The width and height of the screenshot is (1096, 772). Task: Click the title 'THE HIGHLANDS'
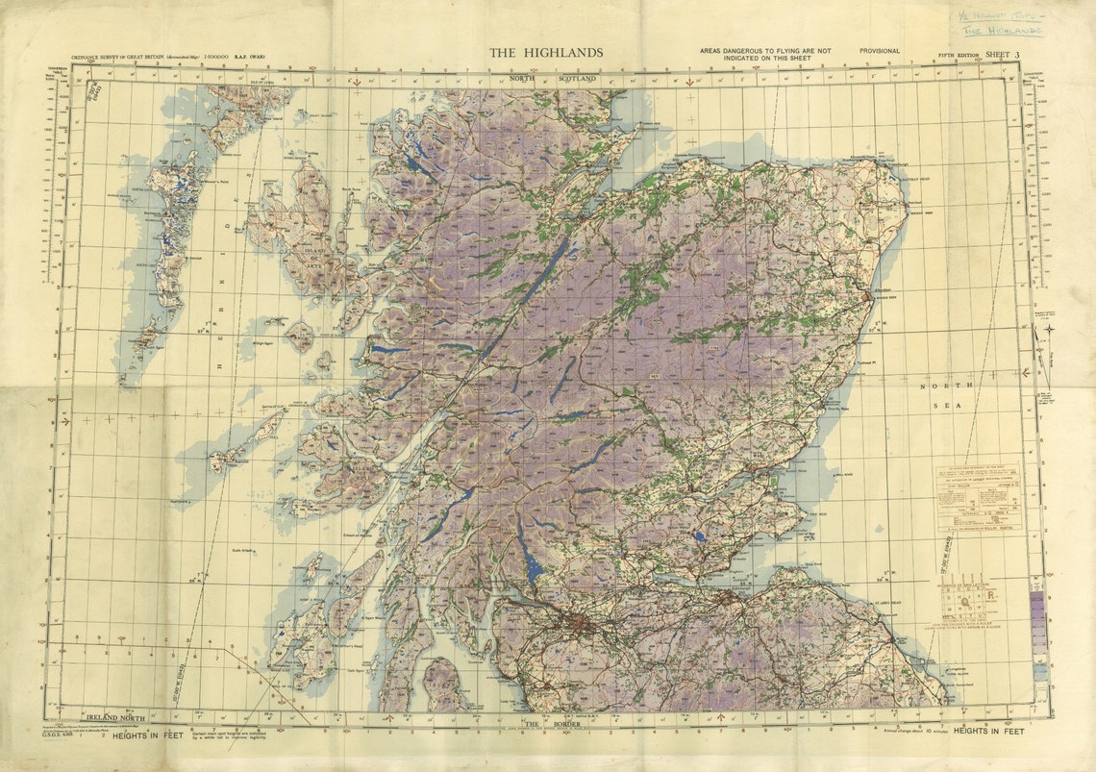[546, 53]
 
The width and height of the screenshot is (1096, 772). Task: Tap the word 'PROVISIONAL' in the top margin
[880, 51]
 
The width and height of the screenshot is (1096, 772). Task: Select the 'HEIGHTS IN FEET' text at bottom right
[987, 732]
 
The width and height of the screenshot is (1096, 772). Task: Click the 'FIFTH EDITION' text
[959, 56]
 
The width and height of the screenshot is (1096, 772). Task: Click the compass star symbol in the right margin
[1049, 329]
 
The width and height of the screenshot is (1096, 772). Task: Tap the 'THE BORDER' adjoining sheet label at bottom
[546, 723]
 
